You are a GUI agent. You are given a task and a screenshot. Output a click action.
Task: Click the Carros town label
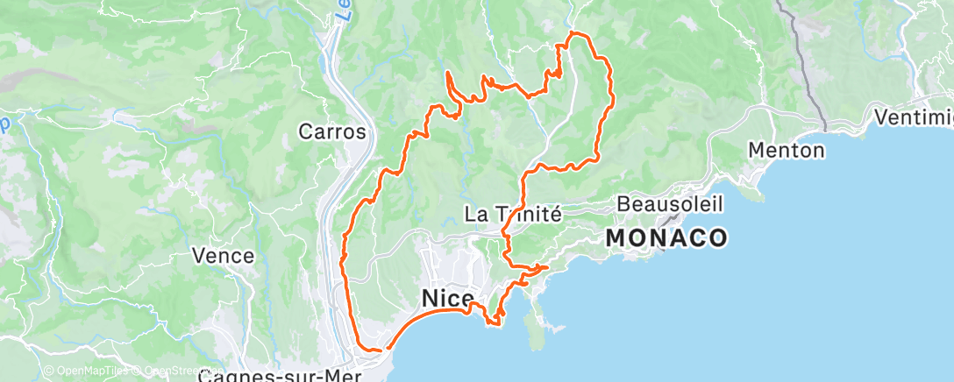tap(331, 131)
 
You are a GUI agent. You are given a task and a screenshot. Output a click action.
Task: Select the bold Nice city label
tap(448, 299)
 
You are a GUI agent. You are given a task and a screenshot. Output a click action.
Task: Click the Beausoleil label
tap(670, 203)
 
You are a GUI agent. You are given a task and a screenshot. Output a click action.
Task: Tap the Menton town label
tap(787, 150)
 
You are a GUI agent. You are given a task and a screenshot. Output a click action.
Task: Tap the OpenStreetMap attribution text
tap(172, 371)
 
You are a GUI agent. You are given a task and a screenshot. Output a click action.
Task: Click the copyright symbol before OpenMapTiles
tap(48, 371)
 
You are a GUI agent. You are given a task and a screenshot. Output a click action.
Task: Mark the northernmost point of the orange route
tap(574, 32)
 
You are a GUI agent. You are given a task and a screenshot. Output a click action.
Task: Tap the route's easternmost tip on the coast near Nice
tap(548, 266)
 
